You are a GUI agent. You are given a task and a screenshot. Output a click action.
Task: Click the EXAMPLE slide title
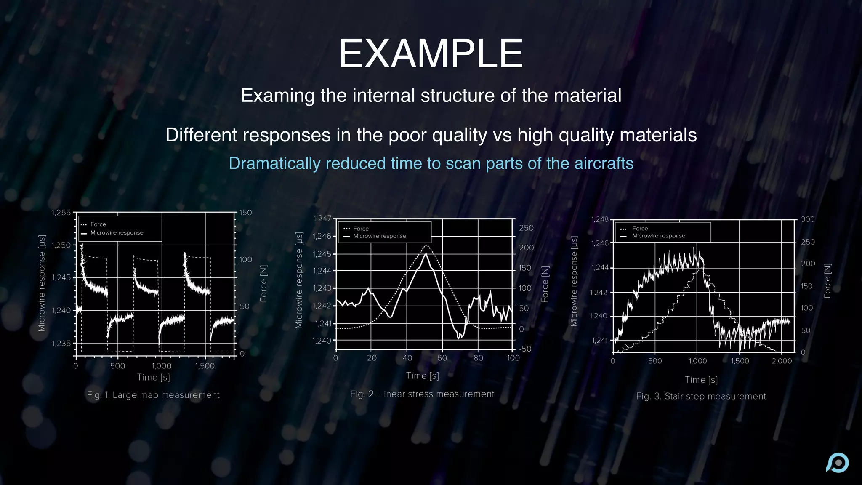click(431, 53)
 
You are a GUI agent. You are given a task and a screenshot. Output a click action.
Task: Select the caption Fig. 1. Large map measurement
click(153, 395)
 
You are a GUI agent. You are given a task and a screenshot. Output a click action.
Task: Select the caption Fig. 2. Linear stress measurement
click(422, 394)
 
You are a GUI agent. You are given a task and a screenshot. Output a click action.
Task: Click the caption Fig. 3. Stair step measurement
click(701, 396)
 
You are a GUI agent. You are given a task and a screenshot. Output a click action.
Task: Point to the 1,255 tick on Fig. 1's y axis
click(61, 213)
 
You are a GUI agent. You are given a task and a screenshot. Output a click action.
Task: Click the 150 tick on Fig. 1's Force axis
click(245, 213)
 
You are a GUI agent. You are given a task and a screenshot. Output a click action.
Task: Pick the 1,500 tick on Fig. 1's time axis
click(205, 366)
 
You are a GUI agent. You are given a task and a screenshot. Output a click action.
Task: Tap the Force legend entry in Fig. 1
click(98, 224)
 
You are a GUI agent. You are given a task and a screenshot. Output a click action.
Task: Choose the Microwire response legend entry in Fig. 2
click(379, 236)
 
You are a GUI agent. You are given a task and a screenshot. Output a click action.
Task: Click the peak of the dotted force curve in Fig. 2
click(427, 245)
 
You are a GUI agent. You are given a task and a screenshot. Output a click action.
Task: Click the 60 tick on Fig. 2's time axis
click(442, 358)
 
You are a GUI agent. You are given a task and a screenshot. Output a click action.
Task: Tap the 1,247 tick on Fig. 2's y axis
click(322, 219)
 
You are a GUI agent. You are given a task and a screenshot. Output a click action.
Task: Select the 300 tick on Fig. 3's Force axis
click(807, 219)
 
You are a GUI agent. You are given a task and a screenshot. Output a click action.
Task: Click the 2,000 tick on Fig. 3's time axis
click(782, 361)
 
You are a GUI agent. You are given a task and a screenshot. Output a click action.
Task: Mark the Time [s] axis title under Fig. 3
click(701, 380)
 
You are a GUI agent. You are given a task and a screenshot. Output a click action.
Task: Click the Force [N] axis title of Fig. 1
click(263, 283)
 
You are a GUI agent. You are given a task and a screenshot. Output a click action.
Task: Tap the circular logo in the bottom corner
click(838, 463)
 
